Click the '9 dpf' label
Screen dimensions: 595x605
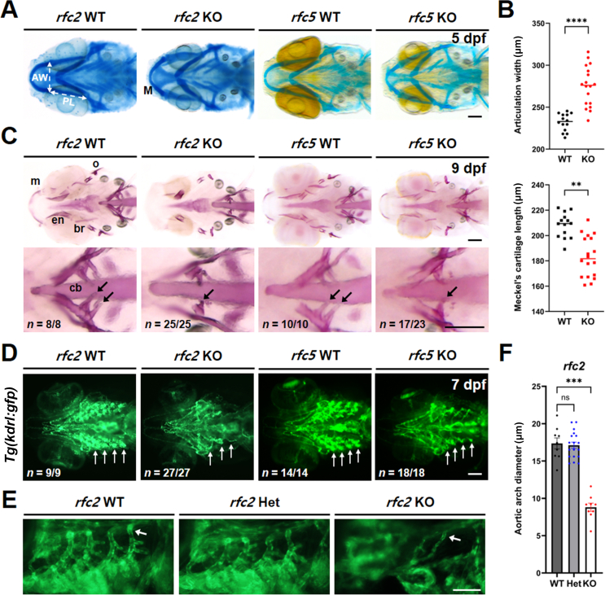[x=465, y=149]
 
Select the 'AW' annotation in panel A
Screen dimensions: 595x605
[x=37, y=76]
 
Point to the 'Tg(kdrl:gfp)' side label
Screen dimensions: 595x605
[x=11, y=415]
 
